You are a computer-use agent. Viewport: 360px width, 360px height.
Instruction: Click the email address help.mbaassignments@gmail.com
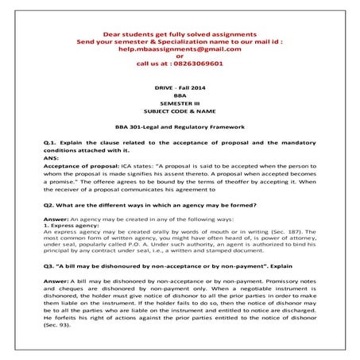click(179, 48)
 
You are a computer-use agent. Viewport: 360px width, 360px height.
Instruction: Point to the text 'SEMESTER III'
click(179, 103)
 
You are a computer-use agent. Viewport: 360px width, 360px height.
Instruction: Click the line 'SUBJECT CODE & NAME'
click(179, 112)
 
